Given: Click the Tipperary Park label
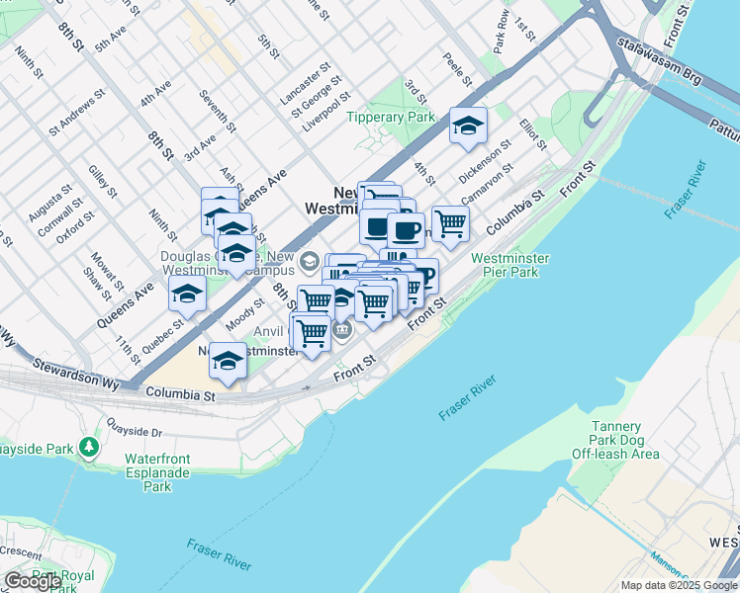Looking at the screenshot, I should click(x=391, y=117).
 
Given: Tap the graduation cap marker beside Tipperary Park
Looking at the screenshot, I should click(x=468, y=127).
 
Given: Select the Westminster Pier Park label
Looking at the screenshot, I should click(x=509, y=266).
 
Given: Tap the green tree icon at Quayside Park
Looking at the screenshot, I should click(x=90, y=448).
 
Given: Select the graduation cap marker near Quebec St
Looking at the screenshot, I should click(x=187, y=295).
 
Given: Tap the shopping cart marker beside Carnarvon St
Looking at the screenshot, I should click(x=450, y=223).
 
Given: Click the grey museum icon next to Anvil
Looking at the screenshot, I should click(x=342, y=330).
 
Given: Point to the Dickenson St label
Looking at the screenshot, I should click(x=485, y=159).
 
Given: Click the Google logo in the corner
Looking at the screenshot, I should click(x=33, y=581).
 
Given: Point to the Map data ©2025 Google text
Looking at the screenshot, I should click(x=678, y=585).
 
